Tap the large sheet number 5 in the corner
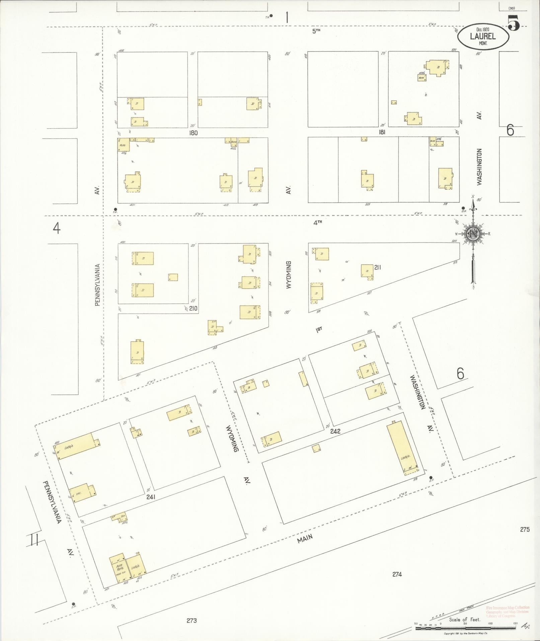coord(514,23)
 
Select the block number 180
coord(193,133)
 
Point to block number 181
coord(382,132)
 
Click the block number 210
coord(193,308)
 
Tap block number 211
coord(378,267)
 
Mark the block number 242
coord(335,431)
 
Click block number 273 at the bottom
coord(191,621)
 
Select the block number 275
coord(525,539)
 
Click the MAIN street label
coord(305,546)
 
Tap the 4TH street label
coord(317,222)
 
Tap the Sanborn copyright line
coord(467,634)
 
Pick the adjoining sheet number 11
coord(33,540)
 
